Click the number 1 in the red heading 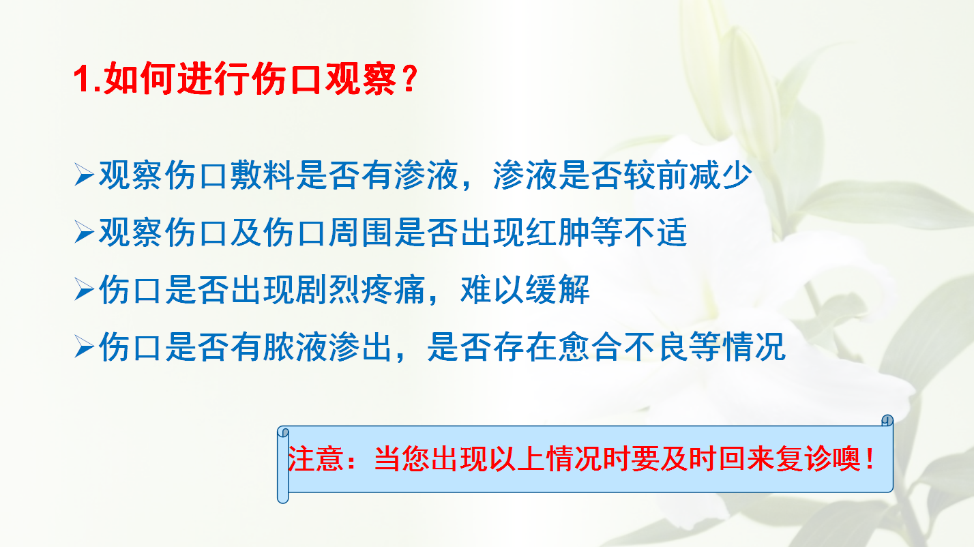[x=81, y=79]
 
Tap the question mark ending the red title [x=410, y=79]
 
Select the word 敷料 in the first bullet [x=263, y=175]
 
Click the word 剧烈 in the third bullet [x=328, y=289]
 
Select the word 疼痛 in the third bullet [x=394, y=289]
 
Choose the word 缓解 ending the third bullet [x=558, y=289]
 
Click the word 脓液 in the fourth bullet [x=296, y=346]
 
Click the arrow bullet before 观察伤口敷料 [x=84, y=175]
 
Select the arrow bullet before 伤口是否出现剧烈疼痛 [x=84, y=289]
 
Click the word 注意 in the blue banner [x=316, y=459]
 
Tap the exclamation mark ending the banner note [x=870, y=459]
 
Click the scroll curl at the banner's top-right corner [x=887, y=421]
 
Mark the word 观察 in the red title [x=361, y=79]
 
